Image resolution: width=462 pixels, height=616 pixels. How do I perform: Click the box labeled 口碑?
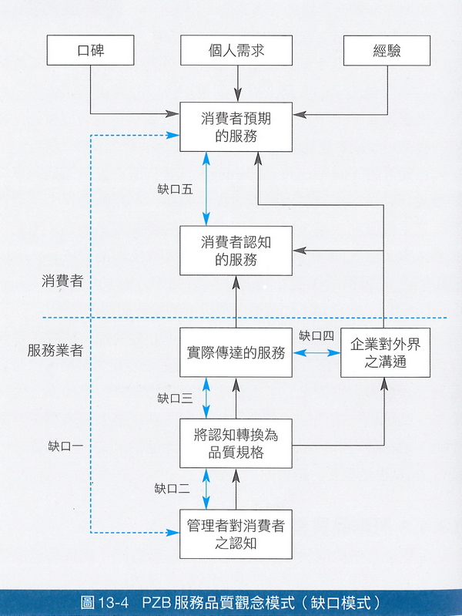click(91, 51)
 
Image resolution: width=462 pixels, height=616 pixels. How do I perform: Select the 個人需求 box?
click(237, 51)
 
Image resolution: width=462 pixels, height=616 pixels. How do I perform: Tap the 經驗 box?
click(383, 51)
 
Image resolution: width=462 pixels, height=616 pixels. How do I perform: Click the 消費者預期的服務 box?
click(236, 127)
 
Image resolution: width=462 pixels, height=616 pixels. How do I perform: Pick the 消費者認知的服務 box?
click(236, 251)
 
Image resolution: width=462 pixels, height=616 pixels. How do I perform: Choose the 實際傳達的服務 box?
click(236, 354)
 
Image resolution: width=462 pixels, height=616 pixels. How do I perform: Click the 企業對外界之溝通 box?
click(383, 352)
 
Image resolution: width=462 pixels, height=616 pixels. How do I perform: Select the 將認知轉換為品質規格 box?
click(236, 444)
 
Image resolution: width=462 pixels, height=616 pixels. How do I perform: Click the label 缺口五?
click(175, 189)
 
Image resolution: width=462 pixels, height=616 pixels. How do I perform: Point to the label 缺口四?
click(316, 335)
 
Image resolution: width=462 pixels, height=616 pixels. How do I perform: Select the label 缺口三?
click(175, 398)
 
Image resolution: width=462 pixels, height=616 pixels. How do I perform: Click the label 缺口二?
click(172, 488)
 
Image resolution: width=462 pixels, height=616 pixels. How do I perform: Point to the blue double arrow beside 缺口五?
click(206, 189)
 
